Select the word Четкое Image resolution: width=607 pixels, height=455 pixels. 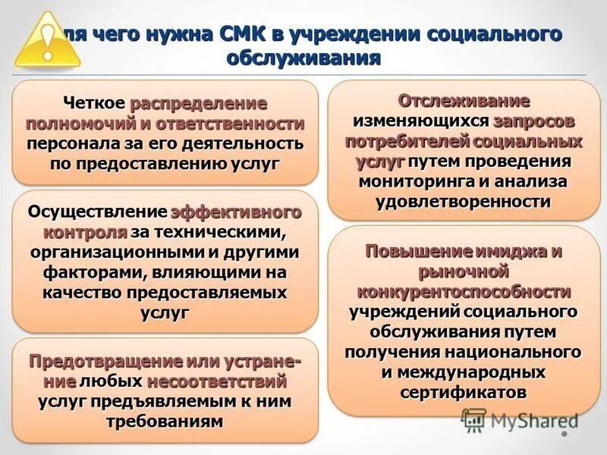pos(95,104)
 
